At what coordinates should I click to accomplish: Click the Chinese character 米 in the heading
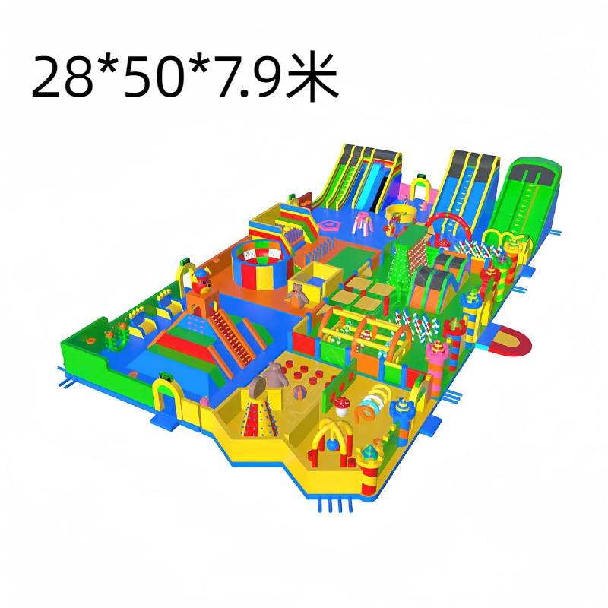click(312, 77)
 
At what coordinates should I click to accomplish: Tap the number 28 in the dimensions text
click(64, 78)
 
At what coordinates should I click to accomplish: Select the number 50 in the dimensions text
click(153, 78)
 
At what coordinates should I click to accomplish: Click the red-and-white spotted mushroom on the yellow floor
click(341, 406)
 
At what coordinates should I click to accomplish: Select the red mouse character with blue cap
click(201, 281)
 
